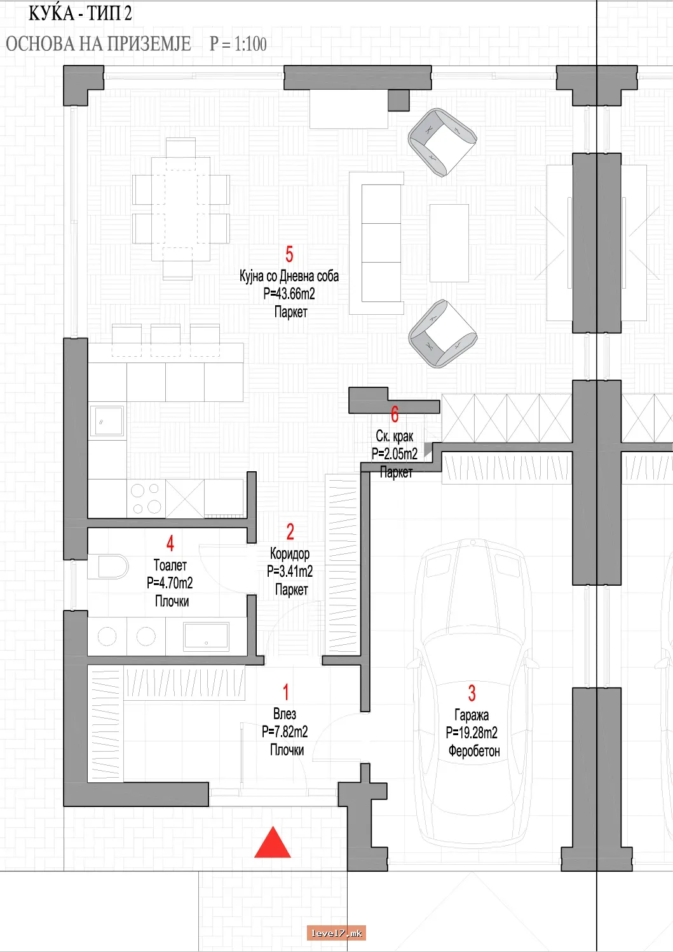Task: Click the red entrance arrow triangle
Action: (273, 843)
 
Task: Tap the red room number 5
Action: (289, 254)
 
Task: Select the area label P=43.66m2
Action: (289, 294)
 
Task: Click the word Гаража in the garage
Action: (472, 715)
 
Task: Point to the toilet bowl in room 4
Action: (108, 567)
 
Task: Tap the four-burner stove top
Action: (146, 499)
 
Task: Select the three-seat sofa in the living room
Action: (376, 243)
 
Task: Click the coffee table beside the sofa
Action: (449, 243)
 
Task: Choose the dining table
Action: (181, 209)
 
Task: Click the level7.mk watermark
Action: (336, 933)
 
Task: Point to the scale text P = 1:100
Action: (238, 44)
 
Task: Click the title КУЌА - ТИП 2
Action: (80, 13)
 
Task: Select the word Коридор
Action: (290, 553)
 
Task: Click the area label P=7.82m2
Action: (285, 731)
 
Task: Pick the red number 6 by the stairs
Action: (395, 415)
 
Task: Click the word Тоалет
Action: (170, 565)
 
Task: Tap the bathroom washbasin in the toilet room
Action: (206, 636)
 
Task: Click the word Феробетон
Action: (474, 751)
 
